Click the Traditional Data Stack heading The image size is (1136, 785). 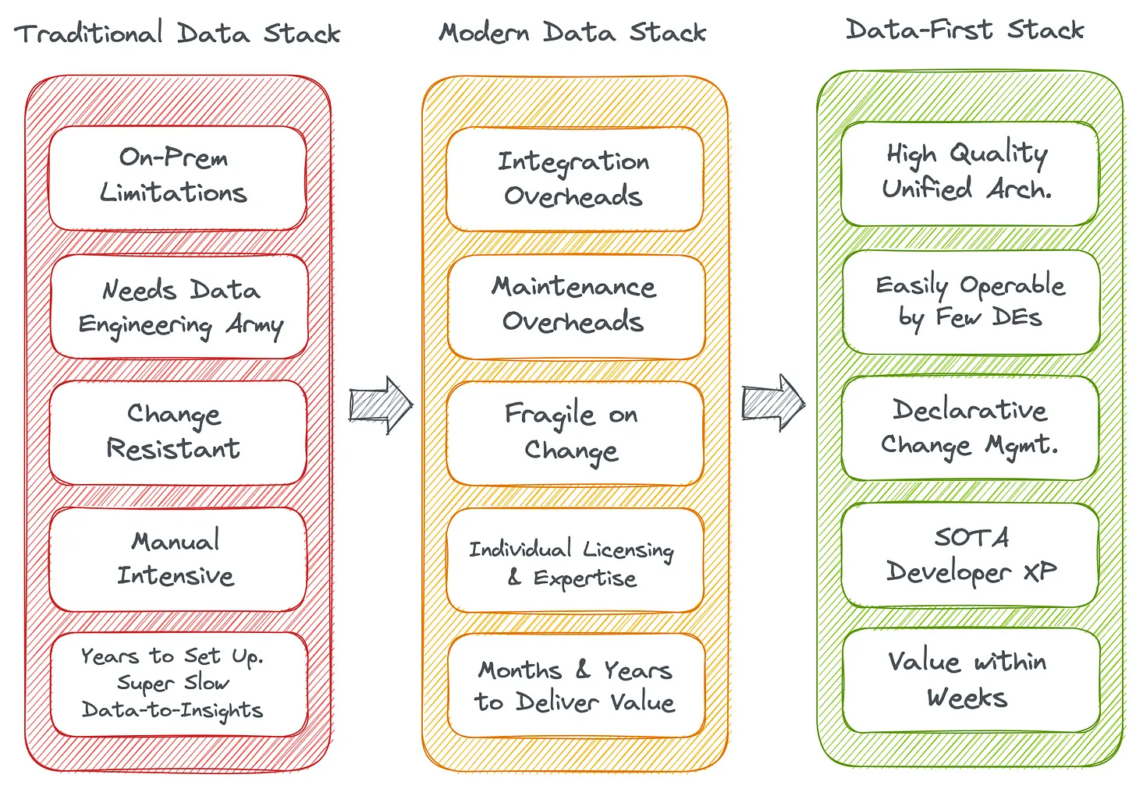(177, 33)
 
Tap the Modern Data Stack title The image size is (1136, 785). (573, 32)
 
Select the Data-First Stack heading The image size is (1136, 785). (964, 29)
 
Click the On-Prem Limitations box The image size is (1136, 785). (178, 178)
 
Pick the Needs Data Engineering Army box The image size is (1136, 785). (179, 306)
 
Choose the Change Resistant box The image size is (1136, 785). (178, 433)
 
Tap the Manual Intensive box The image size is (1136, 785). (178, 560)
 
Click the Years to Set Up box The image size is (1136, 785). (179, 684)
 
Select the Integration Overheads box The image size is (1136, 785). (575, 179)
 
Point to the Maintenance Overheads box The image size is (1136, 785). (577, 307)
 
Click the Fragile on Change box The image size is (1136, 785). (575, 433)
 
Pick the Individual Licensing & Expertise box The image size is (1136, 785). (575, 560)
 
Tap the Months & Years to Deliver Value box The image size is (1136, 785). (577, 685)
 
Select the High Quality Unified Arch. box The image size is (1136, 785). (970, 174)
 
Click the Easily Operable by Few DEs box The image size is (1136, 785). (971, 302)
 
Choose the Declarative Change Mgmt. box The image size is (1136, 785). (970, 428)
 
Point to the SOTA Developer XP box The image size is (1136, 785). (970, 555)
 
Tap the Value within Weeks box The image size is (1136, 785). (971, 680)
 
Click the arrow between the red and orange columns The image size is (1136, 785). (381, 405)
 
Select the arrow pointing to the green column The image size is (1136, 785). (773, 403)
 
